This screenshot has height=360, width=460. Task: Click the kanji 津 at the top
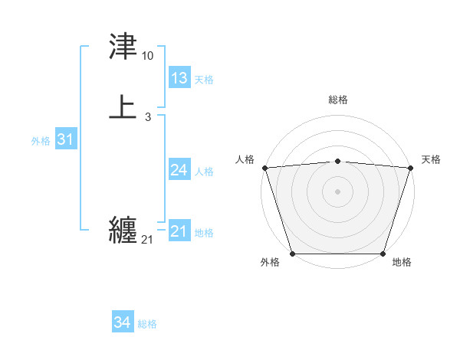pyautogui.click(x=123, y=47)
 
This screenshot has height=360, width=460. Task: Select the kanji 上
pyautogui.click(x=123, y=107)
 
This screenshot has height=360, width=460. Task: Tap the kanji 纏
pyautogui.click(x=123, y=230)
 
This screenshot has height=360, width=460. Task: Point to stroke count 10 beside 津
pyautogui.click(x=148, y=56)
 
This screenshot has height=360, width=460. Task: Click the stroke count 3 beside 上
pyautogui.click(x=147, y=116)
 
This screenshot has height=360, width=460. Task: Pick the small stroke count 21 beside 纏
pyautogui.click(x=147, y=240)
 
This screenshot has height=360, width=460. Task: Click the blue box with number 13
pyautogui.click(x=179, y=78)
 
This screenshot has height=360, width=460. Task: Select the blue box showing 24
pyautogui.click(x=179, y=170)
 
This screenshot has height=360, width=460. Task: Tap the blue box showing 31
pyautogui.click(x=65, y=139)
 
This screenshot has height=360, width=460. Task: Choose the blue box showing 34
pyautogui.click(x=122, y=323)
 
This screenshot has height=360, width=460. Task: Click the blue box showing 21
pyautogui.click(x=179, y=231)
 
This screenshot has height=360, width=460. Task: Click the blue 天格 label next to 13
pyautogui.click(x=203, y=80)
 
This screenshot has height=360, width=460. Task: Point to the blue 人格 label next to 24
pyautogui.click(x=204, y=172)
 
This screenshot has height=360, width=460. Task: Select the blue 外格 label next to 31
pyautogui.click(x=41, y=141)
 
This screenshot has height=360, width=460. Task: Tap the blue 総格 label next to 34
pyautogui.click(x=147, y=325)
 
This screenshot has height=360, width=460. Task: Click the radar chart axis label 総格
pyautogui.click(x=338, y=100)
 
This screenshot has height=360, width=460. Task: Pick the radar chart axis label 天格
pyautogui.click(x=432, y=159)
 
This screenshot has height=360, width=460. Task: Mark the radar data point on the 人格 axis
pyautogui.click(x=264, y=168)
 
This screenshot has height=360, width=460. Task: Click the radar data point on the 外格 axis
pyautogui.click(x=293, y=254)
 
